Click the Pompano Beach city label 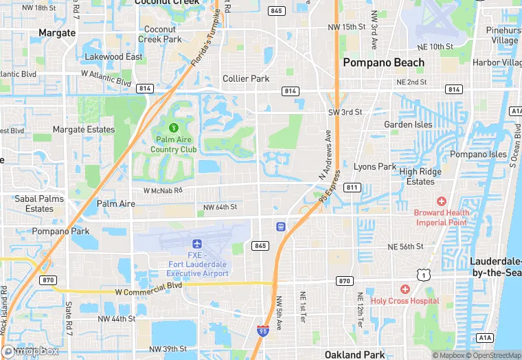click(x=384, y=63)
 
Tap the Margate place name click(x=57, y=32)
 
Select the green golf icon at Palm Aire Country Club click(x=174, y=127)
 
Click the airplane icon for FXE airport click(x=197, y=244)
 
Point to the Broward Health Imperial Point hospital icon click(x=441, y=201)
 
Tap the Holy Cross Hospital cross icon click(x=405, y=289)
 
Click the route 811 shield click(x=352, y=187)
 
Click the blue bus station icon click(x=280, y=226)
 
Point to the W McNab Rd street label click(x=163, y=190)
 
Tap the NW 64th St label click(x=220, y=207)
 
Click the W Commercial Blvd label click(x=148, y=292)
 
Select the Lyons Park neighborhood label click(x=375, y=167)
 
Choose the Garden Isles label click(x=408, y=124)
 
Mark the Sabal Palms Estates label click(x=39, y=204)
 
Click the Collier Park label click(x=246, y=79)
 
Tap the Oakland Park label click(x=352, y=355)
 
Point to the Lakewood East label click(x=113, y=57)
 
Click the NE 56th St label click(x=405, y=246)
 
